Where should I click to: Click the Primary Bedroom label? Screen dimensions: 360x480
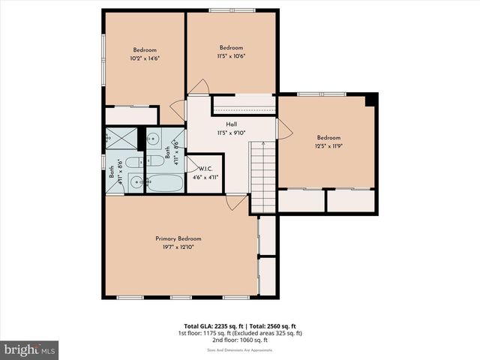tap(178, 238)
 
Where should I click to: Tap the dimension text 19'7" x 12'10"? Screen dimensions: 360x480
tap(178, 247)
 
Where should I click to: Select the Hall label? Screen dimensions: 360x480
tap(232, 124)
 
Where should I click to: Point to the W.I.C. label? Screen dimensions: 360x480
tap(204, 169)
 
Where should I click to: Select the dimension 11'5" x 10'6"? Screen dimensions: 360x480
tap(231, 55)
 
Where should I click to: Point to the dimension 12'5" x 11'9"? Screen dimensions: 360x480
tap(328, 146)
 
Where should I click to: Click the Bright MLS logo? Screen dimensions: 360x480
tap(30, 349)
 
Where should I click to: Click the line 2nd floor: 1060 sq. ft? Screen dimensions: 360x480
tap(239, 340)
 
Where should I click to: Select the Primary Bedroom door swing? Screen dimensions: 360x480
tap(236, 202)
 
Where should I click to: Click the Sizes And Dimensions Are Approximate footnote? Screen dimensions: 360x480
tap(239, 350)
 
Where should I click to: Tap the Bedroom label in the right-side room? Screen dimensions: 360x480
tap(328, 137)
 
